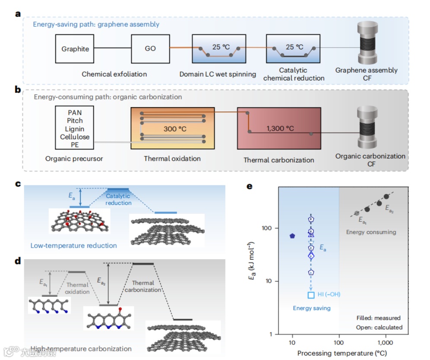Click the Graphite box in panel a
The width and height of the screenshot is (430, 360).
[x=75, y=49]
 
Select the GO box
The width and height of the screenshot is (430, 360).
[x=150, y=49]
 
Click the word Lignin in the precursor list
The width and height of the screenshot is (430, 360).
[x=75, y=129]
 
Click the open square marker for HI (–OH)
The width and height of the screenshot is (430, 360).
[x=311, y=295]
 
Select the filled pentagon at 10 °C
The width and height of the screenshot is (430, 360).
[x=292, y=236]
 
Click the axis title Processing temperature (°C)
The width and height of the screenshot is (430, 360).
[x=339, y=353]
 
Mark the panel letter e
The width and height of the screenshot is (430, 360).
[x=249, y=187]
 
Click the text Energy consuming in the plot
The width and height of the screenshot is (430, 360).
[x=371, y=232]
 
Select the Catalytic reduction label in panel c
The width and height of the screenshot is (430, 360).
[x=118, y=199]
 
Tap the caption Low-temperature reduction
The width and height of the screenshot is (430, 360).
[x=74, y=245]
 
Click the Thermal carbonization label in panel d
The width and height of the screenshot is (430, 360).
[x=142, y=286]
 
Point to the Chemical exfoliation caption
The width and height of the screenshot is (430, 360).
[x=114, y=74]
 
